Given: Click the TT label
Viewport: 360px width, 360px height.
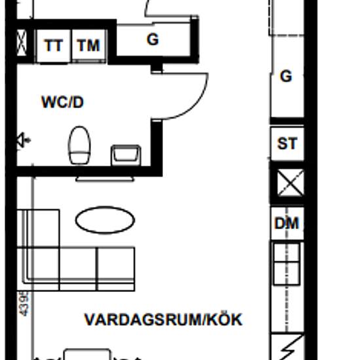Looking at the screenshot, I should [x=54, y=46].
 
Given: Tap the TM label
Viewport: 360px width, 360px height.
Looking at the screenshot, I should [x=88, y=46].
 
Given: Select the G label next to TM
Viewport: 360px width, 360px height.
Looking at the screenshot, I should [x=153, y=40].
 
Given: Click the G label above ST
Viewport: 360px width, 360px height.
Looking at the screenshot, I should [x=286, y=77].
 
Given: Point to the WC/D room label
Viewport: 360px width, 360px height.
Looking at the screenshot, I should [x=62, y=103].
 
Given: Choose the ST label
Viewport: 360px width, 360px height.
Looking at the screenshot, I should [x=287, y=143].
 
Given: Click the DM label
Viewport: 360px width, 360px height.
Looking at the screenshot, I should [x=287, y=224].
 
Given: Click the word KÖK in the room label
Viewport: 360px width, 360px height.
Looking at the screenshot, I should [x=225, y=320].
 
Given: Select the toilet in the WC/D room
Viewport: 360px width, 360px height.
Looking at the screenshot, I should [x=79, y=145].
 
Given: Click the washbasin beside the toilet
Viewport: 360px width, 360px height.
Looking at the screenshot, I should [x=126, y=156].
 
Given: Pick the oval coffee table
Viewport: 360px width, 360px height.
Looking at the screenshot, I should [x=105, y=221].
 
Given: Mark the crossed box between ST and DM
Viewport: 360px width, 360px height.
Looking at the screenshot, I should [x=288, y=183].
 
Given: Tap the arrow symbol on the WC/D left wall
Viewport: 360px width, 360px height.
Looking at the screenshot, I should [x=24, y=140].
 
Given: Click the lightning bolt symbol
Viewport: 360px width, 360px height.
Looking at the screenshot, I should [x=288, y=347].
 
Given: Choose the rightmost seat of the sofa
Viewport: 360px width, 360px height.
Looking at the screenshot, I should [x=116, y=268].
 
